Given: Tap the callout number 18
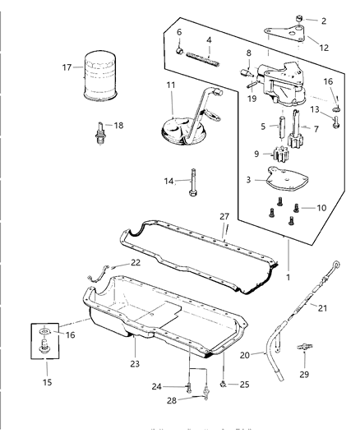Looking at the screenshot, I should tap(119, 126).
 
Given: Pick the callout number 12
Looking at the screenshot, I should tap(323, 48).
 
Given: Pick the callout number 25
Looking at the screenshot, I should tap(244, 384).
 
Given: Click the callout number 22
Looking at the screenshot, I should tap(136, 263).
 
